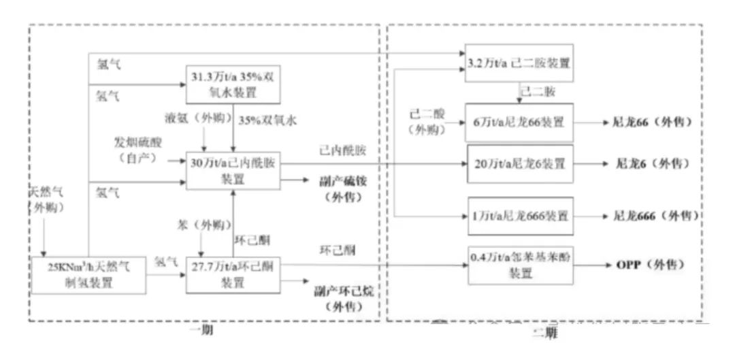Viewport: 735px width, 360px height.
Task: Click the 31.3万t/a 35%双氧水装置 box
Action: pyautogui.click(x=233, y=84)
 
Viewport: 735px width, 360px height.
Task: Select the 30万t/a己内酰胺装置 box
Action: pyautogui.click(x=233, y=171)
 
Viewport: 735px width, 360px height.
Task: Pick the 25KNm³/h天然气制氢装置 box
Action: pyautogui.click(x=88, y=275)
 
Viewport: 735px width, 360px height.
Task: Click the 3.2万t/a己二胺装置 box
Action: pyautogui.click(x=517, y=64)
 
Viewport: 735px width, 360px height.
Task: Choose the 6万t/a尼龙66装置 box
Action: pyautogui.click(x=519, y=122)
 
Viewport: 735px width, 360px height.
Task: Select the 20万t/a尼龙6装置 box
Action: pyautogui.click(x=519, y=163)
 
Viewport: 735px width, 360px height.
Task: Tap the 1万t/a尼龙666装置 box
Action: pyautogui.click(x=519, y=216)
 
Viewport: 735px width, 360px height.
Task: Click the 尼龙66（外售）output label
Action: pyautogui.click(x=653, y=122)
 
